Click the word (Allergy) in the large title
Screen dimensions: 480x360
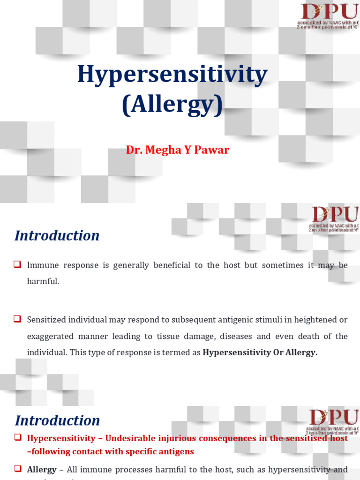[172, 105]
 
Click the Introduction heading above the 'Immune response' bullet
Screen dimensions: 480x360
[57, 235]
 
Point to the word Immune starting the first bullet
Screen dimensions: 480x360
[43, 265]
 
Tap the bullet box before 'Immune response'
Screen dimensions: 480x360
[18, 264]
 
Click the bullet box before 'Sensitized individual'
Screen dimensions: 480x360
[18, 319]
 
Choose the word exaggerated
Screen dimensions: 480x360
[50, 336]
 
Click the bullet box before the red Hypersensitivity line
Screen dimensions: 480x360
[18, 437]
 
